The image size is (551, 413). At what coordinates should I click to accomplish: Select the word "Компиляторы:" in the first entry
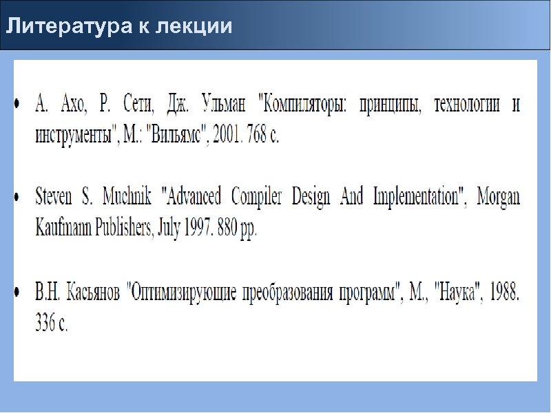coord(303,105)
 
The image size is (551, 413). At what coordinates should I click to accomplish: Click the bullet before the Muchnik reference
coord(19,198)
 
